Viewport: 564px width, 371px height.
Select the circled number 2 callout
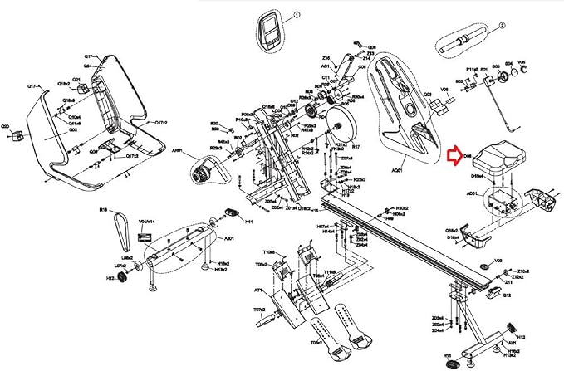click(x=503, y=26)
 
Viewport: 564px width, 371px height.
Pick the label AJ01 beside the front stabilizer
click(x=230, y=237)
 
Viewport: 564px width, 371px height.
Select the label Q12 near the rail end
click(x=506, y=295)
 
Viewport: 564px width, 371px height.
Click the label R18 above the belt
click(x=104, y=211)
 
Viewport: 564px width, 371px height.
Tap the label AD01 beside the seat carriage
click(x=472, y=193)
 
